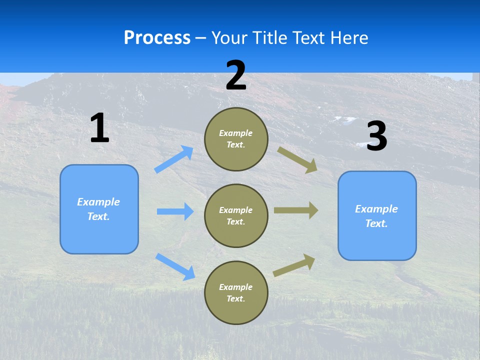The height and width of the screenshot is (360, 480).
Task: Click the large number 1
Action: (99, 128)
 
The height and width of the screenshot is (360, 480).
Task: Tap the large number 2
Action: (236, 75)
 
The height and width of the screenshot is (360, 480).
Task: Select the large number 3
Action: (377, 137)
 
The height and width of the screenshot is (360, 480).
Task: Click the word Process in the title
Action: (157, 37)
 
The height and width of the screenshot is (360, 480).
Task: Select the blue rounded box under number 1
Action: (99, 209)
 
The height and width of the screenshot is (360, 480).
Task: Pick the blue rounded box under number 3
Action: (377, 215)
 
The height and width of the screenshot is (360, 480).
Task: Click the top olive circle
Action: (236, 139)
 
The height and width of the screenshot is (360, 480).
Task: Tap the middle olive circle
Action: (236, 215)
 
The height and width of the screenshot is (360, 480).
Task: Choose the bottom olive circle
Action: (236, 292)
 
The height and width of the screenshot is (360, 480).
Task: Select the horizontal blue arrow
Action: (175, 211)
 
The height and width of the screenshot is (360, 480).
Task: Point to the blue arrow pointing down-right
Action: (175, 266)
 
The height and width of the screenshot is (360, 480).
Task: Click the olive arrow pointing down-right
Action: (297, 159)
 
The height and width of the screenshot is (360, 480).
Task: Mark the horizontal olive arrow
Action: (296, 210)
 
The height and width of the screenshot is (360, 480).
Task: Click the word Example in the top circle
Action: (236, 133)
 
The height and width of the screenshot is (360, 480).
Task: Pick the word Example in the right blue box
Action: (376, 209)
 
